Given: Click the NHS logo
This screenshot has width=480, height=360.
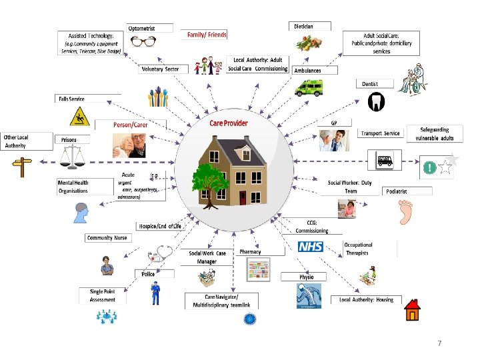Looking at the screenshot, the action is tap(310, 247).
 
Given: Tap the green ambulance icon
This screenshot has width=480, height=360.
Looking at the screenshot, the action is tap(308, 88).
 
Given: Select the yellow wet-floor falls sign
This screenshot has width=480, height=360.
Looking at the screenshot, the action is tap(79, 117).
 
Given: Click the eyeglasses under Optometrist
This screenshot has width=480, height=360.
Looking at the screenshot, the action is tap(143, 41).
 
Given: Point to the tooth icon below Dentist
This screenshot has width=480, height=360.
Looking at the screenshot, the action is tap(376, 101).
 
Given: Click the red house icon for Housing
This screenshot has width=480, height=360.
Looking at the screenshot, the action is tap(413, 309).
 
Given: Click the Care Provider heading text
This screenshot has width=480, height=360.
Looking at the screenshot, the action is tap(229, 123).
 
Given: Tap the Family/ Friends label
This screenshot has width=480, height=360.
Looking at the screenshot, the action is tap(207, 35).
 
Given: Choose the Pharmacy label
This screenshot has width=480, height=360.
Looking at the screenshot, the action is tap(250, 252).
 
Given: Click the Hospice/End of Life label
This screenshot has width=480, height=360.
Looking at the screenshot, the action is tap(159, 227).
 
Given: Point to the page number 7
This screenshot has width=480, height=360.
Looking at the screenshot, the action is tap(439, 343).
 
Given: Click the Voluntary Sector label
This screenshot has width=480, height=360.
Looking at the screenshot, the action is tap(161, 69).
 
